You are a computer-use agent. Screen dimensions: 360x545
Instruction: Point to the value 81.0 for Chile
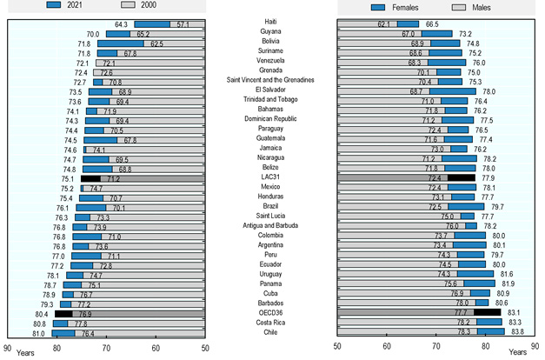pyautogui.click(x=38, y=332)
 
